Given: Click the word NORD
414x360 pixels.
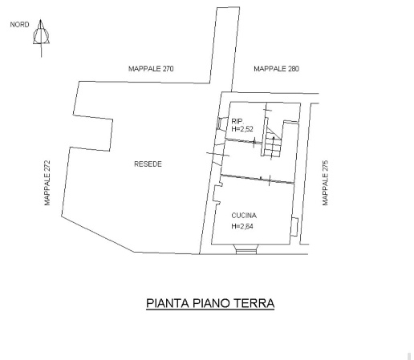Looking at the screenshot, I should click(19, 25).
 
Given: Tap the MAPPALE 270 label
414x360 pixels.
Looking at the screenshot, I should click(151, 70).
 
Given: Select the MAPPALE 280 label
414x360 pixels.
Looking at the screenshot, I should click(276, 70).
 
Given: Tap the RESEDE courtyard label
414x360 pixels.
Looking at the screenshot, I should click(148, 164).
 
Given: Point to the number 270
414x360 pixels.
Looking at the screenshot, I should click(167, 70).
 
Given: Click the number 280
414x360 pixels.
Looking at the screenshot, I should click(292, 70).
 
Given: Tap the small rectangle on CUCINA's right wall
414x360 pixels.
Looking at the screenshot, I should click(295, 227).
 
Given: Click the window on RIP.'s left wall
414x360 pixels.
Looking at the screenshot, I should click(221, 124).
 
